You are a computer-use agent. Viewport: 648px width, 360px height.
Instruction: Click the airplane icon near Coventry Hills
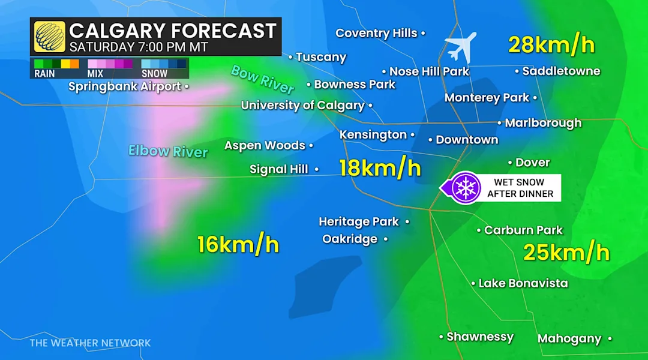pos(461,47)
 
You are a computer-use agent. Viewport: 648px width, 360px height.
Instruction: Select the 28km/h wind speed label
pos(551,44)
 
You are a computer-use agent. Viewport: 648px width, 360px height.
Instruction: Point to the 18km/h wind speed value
pos(380,167)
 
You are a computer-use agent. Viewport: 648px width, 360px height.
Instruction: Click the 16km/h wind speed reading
pos(238,244)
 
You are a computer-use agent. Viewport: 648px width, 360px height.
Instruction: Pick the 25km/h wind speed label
pos(566,253)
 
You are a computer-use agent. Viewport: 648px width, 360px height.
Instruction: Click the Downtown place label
pos(467,140)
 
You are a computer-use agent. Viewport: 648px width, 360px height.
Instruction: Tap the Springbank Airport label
pos(125,86)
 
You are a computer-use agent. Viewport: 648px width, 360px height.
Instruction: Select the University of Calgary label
pos(303,106)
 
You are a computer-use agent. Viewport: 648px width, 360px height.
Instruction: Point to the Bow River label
pos(263,79)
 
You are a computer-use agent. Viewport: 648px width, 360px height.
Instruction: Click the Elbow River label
pos(168,151)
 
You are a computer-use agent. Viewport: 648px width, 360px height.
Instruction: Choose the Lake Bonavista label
pos(523,283)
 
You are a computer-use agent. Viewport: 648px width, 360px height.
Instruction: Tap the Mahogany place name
pos(569,339)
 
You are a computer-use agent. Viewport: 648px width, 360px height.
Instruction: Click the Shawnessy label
pos(480,337)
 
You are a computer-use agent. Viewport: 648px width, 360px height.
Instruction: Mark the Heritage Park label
pos(359,222)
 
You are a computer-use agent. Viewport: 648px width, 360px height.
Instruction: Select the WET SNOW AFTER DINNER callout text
pos(519,188)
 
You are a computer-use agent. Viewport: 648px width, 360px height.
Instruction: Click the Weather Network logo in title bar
pos(50,37)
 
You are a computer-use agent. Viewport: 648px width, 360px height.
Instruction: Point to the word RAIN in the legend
pos(44,74)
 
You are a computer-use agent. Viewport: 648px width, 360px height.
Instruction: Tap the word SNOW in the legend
pos(154,74)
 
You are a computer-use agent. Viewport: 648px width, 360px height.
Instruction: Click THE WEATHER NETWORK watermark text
pos(90,343)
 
